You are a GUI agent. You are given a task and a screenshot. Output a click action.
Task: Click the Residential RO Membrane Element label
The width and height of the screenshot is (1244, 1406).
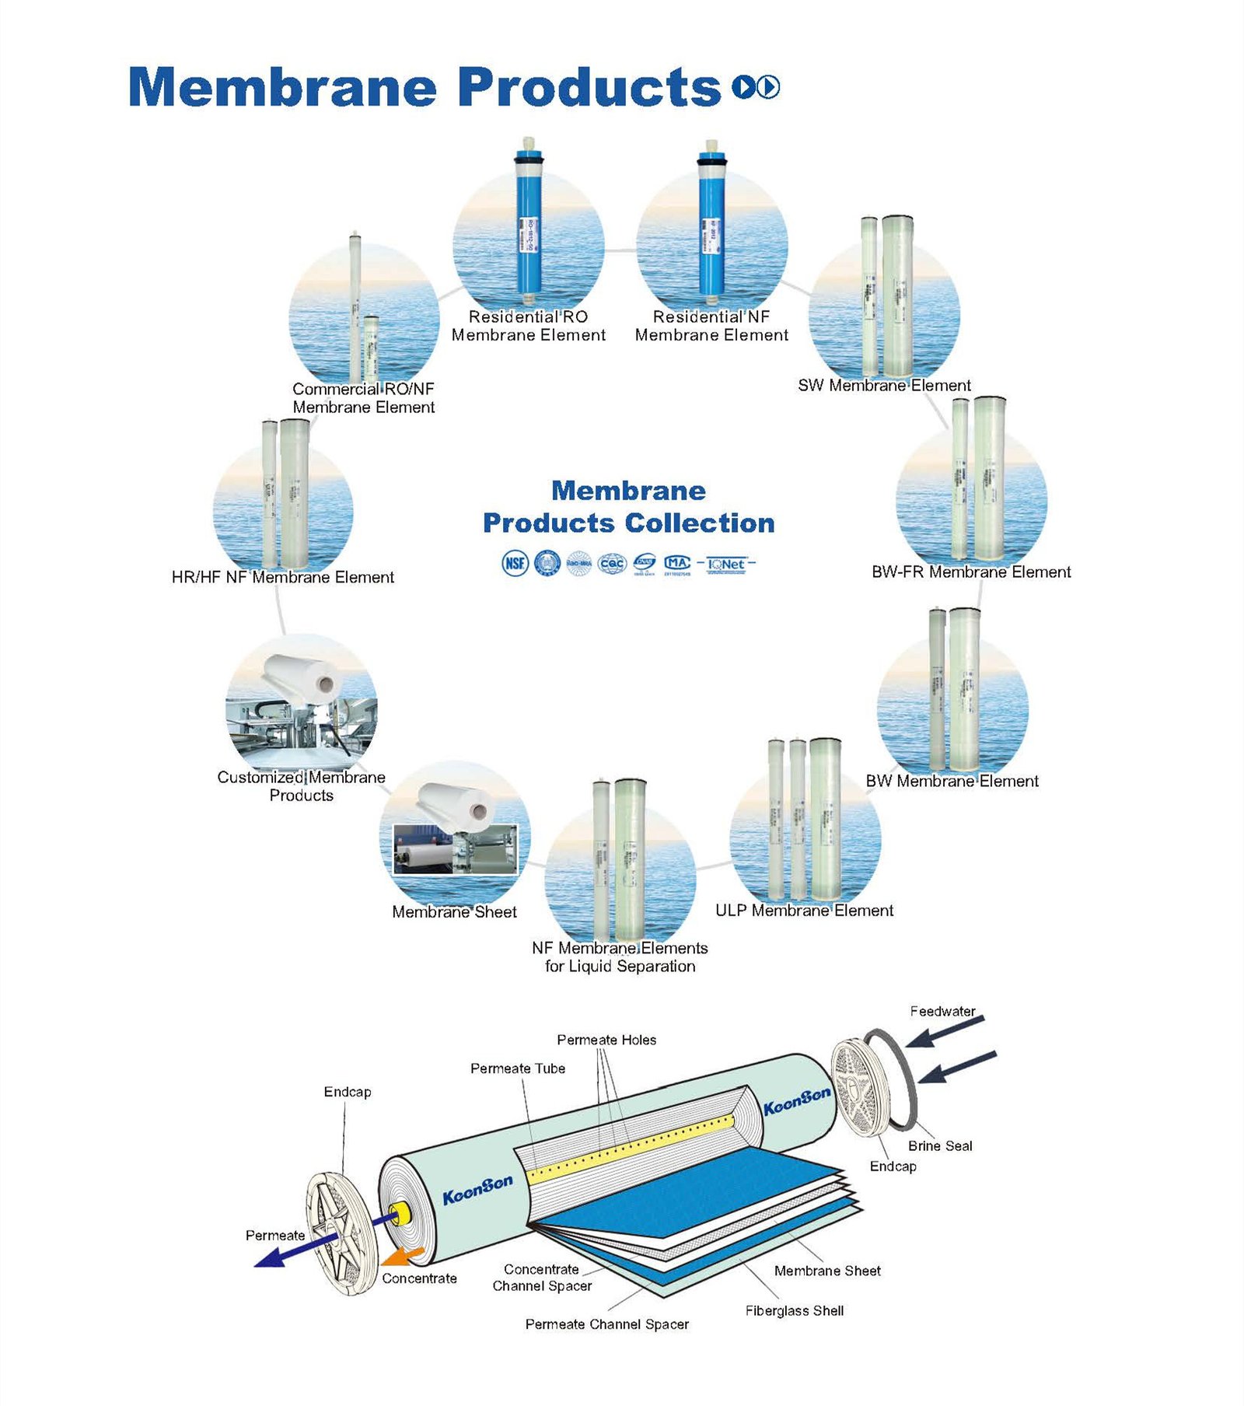point(528,326)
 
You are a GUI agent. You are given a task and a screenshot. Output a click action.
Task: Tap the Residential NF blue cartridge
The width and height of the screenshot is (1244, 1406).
point(711,226)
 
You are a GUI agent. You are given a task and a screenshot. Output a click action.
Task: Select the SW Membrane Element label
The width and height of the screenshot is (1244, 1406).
point(884,385)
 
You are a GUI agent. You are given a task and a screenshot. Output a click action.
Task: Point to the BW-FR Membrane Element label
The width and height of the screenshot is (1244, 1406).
point(970,572)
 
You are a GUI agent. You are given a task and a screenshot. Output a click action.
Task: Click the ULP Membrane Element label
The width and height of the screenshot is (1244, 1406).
point(804,910)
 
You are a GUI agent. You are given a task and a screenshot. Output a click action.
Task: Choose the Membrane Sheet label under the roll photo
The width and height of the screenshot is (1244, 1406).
point(454,911)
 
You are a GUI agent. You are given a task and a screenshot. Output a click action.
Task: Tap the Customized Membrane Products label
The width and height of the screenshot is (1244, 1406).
point(301,785)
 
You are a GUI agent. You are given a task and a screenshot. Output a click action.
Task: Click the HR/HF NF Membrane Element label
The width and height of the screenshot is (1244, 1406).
point(282,577)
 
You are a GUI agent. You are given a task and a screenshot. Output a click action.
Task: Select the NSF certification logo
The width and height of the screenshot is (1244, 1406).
point(515,563)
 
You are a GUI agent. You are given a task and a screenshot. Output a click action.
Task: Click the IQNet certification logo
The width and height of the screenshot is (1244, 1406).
point(725,564)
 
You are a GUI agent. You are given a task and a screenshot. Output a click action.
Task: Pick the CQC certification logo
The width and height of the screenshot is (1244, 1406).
point(611,563)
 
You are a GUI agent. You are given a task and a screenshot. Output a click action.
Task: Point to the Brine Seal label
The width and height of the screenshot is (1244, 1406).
point(939,1145)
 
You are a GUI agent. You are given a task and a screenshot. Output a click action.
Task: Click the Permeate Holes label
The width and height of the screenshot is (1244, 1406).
point(606,1040)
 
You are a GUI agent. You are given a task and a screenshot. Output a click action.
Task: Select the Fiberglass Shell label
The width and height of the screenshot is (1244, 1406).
point(794,1310)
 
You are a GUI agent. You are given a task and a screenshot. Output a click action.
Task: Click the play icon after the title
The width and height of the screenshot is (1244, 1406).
point(767,86)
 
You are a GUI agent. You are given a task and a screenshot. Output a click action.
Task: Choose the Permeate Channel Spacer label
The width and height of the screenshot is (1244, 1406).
point(606,1324)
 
